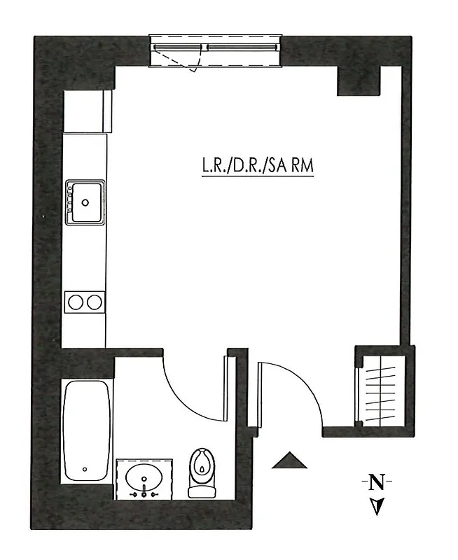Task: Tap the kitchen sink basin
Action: [x=85, y=202]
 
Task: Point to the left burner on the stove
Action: [x=76, y=302]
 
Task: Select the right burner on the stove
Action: [x=93, y=302]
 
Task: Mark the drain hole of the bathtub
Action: [x=85, y=470]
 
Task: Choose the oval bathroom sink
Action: [x=144, y=479]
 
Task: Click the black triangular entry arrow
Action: [x=289, y=461]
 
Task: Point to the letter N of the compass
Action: [x=377, y=482]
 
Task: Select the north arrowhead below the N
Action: [x=377, y=506]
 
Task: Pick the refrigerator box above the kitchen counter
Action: [x=87, y=111]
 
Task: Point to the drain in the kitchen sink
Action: [x=85, y=202]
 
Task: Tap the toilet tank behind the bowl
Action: [x=202, y=491]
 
